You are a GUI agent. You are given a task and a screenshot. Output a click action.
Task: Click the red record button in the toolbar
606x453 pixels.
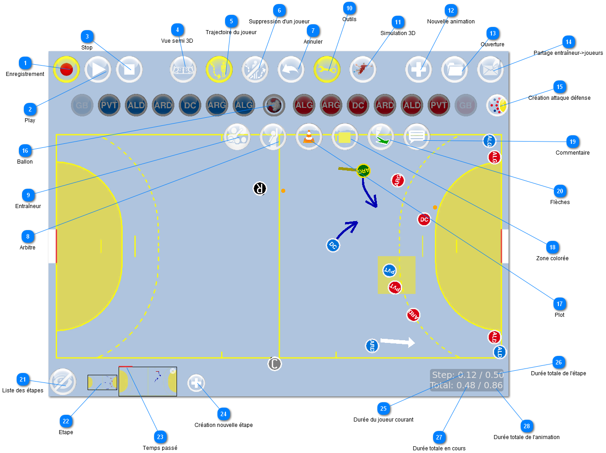coord(66,70)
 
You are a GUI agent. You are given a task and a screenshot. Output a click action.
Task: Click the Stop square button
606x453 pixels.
coord(129,70)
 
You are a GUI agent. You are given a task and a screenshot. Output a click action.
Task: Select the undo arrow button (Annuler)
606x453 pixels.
coord(291,70)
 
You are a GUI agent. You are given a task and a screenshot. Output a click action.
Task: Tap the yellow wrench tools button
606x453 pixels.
coord(327,70)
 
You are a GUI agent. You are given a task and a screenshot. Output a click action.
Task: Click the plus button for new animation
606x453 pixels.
coord(418,70)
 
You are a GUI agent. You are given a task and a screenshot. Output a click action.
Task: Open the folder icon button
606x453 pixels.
coord(454,70)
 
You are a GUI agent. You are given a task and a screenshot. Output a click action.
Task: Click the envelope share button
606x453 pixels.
coord(490,70)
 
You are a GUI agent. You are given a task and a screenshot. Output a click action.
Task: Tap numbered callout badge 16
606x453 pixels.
coord(25,151)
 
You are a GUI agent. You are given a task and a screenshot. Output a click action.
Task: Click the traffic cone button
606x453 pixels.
coord(309,137)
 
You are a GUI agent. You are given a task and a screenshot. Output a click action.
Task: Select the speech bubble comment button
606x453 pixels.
coord(416,137)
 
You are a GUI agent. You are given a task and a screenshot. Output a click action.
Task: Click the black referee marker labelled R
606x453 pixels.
coord(260,188)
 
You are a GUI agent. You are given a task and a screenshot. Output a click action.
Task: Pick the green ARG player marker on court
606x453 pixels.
coord(363,171)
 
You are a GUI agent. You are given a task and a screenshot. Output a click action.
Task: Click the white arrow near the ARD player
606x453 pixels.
coord(398,342)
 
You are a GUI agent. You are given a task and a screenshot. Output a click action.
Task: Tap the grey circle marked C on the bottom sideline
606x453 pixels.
coord(274,364)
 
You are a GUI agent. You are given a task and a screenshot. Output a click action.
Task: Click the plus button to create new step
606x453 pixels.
coord(196,383)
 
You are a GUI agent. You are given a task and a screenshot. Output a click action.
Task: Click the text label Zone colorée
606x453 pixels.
coord(552,258)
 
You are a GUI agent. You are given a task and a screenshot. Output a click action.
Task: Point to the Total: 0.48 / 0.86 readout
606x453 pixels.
coord(466,386)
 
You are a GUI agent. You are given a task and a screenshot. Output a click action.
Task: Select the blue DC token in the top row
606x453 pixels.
coord(190,106)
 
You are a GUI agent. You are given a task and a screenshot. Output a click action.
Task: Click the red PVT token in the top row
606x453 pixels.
coord(438,106)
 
